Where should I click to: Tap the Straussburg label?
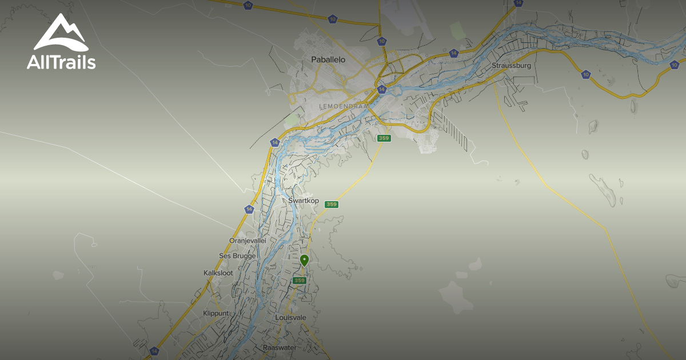(511, 66)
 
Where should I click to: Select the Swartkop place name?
(304, 201)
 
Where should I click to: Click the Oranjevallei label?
(248, 241)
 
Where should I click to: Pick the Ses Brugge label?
(237, 256)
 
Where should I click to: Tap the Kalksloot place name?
(218, 273)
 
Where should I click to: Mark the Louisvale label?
(292, 317)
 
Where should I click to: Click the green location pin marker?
(305, 260)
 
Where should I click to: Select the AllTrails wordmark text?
(61, 62)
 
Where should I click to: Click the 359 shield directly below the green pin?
(300, 281)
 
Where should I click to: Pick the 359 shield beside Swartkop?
(332, 205)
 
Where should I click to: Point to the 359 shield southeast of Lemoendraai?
(384, 138)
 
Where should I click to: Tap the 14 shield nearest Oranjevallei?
(248, 209)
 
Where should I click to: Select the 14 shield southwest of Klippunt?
(154, 351)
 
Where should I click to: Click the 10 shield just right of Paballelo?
(381, 41)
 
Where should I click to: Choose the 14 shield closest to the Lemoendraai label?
(380, 90)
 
